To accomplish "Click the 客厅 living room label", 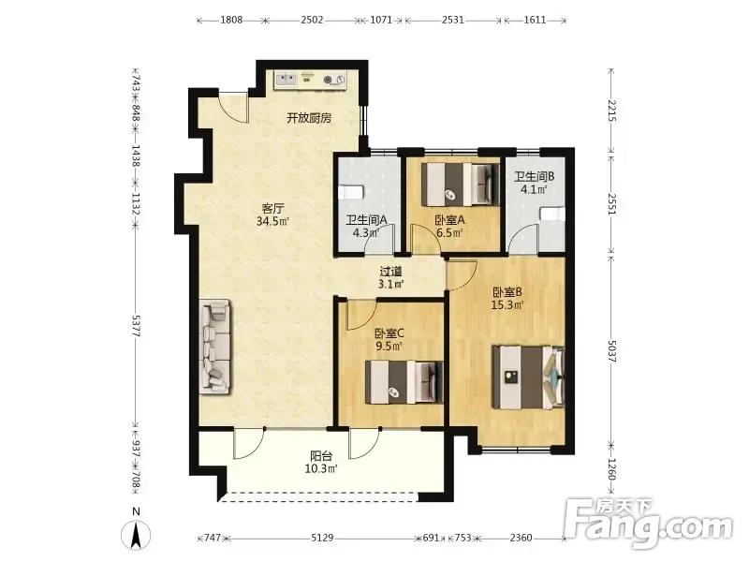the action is pyautogui.click(x=272, y=208).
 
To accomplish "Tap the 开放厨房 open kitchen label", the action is pyautogui.click(x=309, y=118).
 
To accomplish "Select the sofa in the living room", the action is pyautogui.click(x=214, y=347).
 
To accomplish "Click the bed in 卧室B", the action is pyautogui.click(x=528, y=377).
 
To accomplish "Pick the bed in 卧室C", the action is pyautogui.click(x=404, y=382).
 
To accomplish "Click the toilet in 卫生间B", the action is pyautogui.click(x=552, y=214).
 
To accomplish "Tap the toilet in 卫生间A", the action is pyautogui.click(x=351, y=193).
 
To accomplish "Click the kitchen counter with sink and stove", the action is pyautogui.click(x=311, y=80).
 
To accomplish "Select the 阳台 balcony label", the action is pyautogui.click(x=321, y=456).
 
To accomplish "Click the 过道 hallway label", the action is pyautogui.click(x=390, y=272).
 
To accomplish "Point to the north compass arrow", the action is pyautogui.click(x=136, y=535).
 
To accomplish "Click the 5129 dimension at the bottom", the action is pyautogui.click(x=322, y=538).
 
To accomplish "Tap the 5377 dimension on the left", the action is pyautogui.click(x=136, y=325).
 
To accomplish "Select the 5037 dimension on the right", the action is pyautogui.click(x=611, y=350).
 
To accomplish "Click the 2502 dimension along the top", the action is pyautogui.click(x=312, y=20).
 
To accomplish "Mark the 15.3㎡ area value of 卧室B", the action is pyautogui.click(x=507, y=304).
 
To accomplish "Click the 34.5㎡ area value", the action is pyautogui.click(x=272, y=221).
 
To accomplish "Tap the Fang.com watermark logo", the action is pyautogui.click(x=648, y=525).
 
